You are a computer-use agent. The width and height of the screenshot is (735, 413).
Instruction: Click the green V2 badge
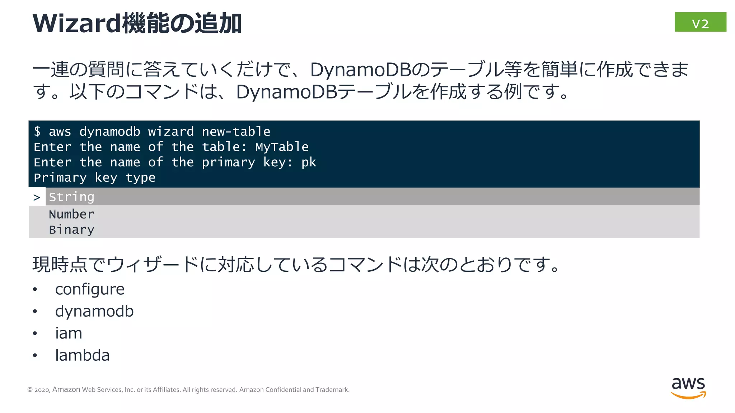700,22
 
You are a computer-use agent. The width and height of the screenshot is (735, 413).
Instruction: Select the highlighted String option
71,197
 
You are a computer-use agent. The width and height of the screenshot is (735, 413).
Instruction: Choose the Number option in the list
71,214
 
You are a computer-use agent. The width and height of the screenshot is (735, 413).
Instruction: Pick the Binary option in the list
71,229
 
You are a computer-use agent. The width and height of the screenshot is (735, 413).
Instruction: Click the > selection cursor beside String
37,197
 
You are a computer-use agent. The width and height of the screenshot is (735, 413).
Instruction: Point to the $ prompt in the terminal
37,131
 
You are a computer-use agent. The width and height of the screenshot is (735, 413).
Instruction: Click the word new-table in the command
236,132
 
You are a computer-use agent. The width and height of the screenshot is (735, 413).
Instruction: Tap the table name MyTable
282,147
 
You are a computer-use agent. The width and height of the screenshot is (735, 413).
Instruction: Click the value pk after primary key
309,162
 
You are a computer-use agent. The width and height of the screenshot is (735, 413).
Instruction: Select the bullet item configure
90,289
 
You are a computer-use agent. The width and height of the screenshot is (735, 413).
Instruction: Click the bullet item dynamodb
94,311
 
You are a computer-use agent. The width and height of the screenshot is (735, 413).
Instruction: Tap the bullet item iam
69,333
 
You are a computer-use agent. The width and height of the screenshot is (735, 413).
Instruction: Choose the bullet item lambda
82,355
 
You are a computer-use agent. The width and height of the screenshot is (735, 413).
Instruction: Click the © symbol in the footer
30,390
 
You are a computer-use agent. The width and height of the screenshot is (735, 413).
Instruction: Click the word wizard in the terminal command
171,132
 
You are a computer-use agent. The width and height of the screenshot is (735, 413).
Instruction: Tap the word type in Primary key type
140,178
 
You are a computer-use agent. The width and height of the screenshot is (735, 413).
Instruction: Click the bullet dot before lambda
35,356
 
